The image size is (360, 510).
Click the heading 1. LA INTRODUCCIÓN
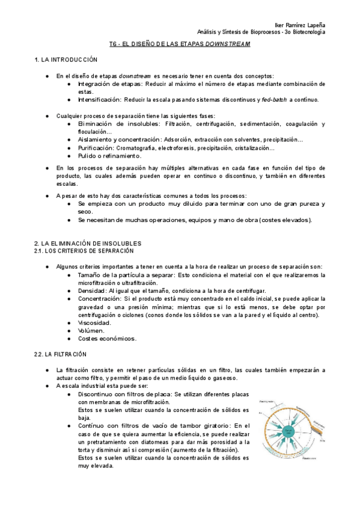[x=66, y=60]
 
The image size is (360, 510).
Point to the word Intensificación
[x=99, y=99]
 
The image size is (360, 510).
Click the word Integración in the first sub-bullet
[x=95, y=84]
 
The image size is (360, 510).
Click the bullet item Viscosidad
[x=94, y=322]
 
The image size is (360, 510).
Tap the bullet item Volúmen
[x=92, y=330]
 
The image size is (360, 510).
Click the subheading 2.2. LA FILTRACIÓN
[x=61, y=355]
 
